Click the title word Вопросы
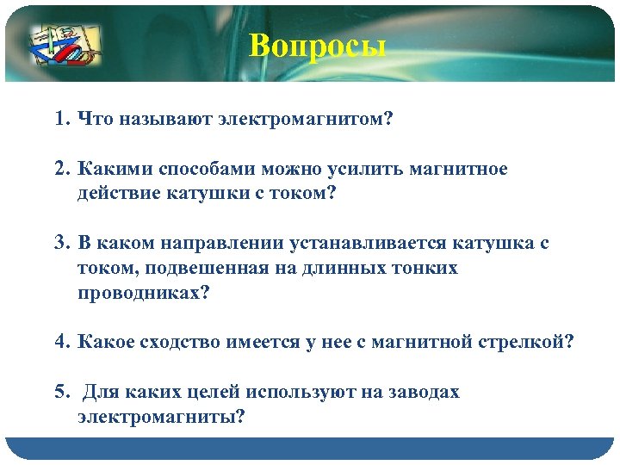click(x=318, y=45)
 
